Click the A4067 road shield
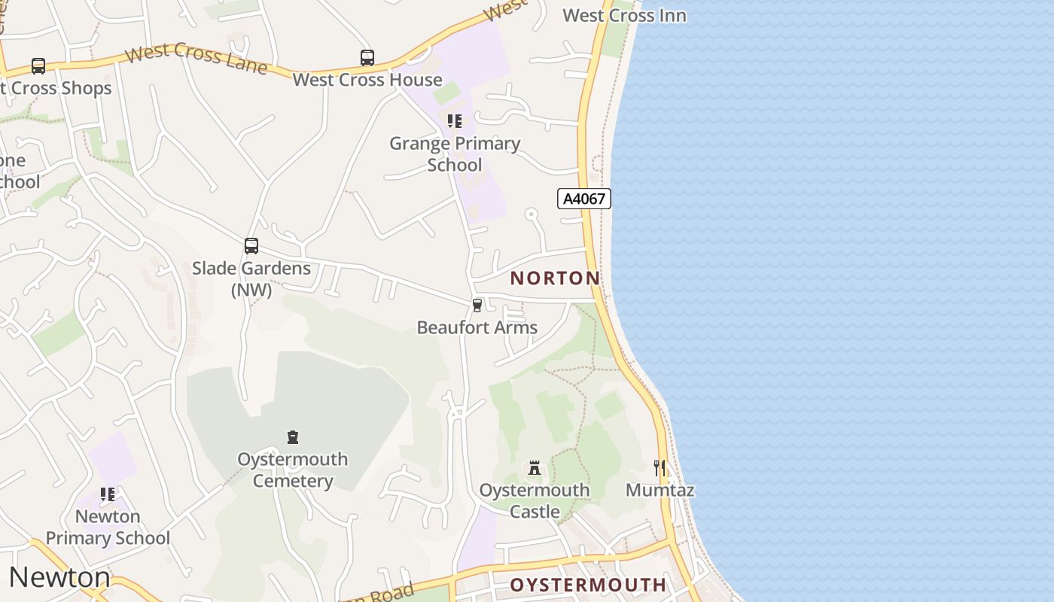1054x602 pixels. coord(583,199)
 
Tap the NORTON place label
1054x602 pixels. coord(555,278)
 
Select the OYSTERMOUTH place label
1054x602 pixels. coord(588,585)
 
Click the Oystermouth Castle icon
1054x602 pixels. coord(535,468)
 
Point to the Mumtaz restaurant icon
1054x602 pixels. coord(660,468)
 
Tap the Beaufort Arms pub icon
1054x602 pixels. coord(477,305)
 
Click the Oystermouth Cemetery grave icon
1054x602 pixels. coord(293,437)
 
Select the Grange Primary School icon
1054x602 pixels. coord(454,121)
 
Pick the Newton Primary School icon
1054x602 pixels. coord(108,494)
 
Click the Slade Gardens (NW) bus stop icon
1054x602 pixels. coord(251,246)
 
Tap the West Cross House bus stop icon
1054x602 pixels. coord(367,58)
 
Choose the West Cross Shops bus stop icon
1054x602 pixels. coord(38,66)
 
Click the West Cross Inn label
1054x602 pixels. coord(624,15)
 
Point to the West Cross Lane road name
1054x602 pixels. coord(195,58)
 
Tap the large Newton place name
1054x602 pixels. coord(59,577)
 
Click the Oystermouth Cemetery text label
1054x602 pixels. coord(293,470)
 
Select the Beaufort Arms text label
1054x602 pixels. coord(477,327)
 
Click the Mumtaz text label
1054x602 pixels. coord(660,491)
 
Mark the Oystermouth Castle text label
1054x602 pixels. coord(535,501)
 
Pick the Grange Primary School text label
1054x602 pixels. coord(455,154)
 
